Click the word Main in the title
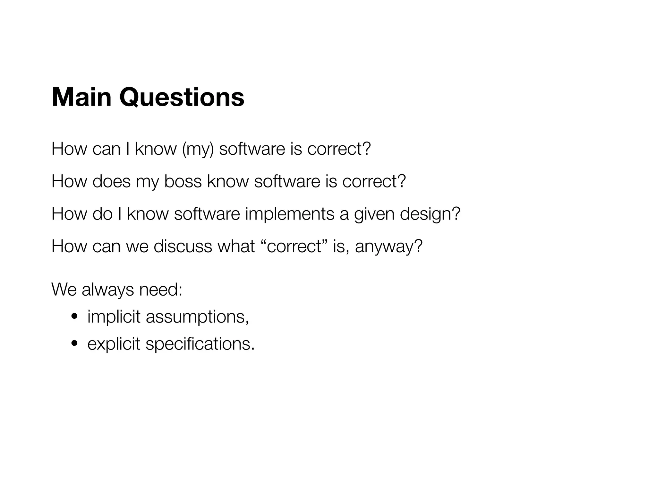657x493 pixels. [81, 97]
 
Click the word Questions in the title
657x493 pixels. [182, 97]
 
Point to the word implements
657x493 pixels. [289, 214]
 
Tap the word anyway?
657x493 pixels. [389, 246]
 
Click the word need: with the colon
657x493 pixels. [160, 290]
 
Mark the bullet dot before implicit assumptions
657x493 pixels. [74, 317]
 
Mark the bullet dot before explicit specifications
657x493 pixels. [74, 344]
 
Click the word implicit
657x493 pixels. [114, 317]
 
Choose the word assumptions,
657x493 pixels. [197, 317]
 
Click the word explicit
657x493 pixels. [114, 344]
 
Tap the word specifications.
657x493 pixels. [200, 344]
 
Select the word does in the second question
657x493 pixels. [111, 181]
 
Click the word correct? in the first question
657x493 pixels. [339, 149]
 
